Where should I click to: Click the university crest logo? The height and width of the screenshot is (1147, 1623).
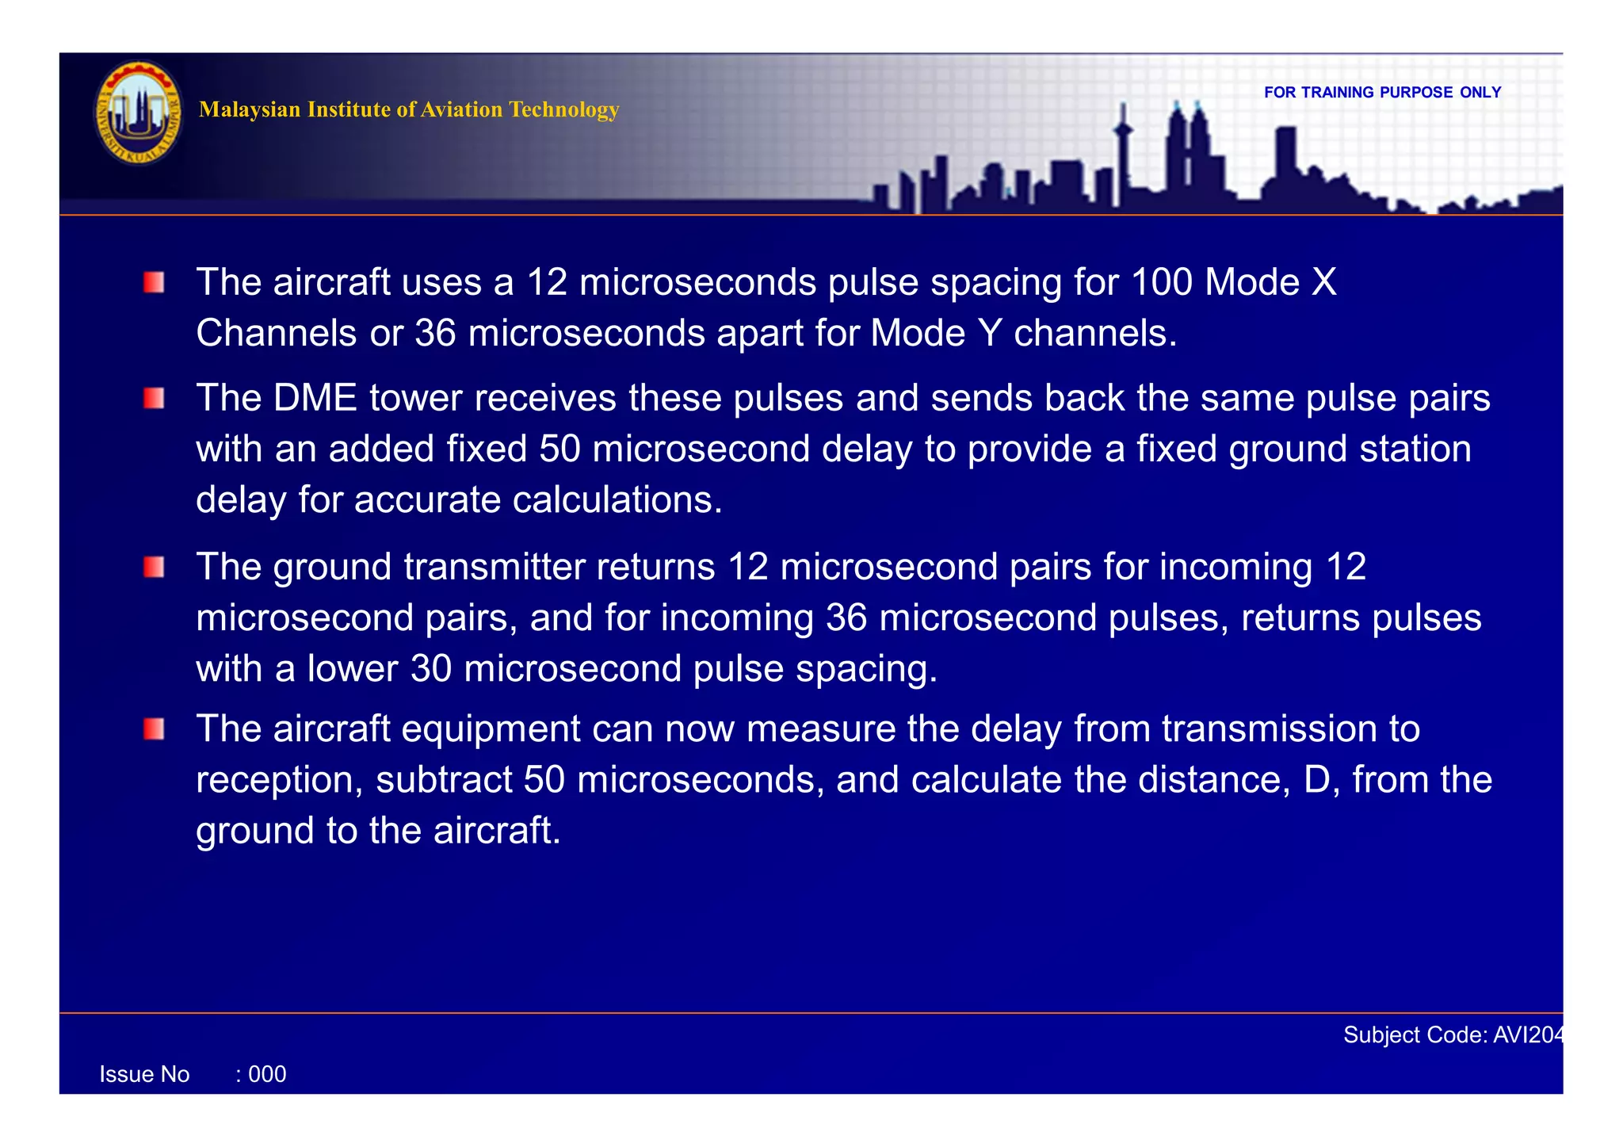pos(138,113)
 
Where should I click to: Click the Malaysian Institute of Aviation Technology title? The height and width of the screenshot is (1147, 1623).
pos(408,109)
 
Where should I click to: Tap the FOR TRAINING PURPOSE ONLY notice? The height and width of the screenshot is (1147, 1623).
pos(1382,93)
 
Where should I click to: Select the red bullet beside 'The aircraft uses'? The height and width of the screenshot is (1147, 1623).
pos(154,283)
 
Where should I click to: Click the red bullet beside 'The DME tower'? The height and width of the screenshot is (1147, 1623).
pos(154,398)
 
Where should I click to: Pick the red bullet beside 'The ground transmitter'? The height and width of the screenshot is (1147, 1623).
pos(154,567)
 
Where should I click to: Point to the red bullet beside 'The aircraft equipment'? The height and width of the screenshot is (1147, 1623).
pos(154,728)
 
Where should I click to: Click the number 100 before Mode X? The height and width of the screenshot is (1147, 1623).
pos(1161,282)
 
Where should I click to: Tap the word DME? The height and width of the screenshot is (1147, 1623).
pos(315,398)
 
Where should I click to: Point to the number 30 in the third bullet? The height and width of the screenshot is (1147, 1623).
pos(431,669)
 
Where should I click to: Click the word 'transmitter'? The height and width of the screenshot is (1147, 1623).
pos(494,567)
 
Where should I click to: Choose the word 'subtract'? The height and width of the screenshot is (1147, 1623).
pos(444,780)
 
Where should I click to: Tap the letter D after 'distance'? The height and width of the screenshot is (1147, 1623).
pos(1318,780)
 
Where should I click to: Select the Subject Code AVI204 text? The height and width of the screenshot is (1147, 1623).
pos(1453,1035)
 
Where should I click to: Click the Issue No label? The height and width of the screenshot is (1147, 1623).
pos(144,1075)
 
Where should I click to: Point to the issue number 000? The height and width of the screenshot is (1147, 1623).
pos(267,1075)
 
